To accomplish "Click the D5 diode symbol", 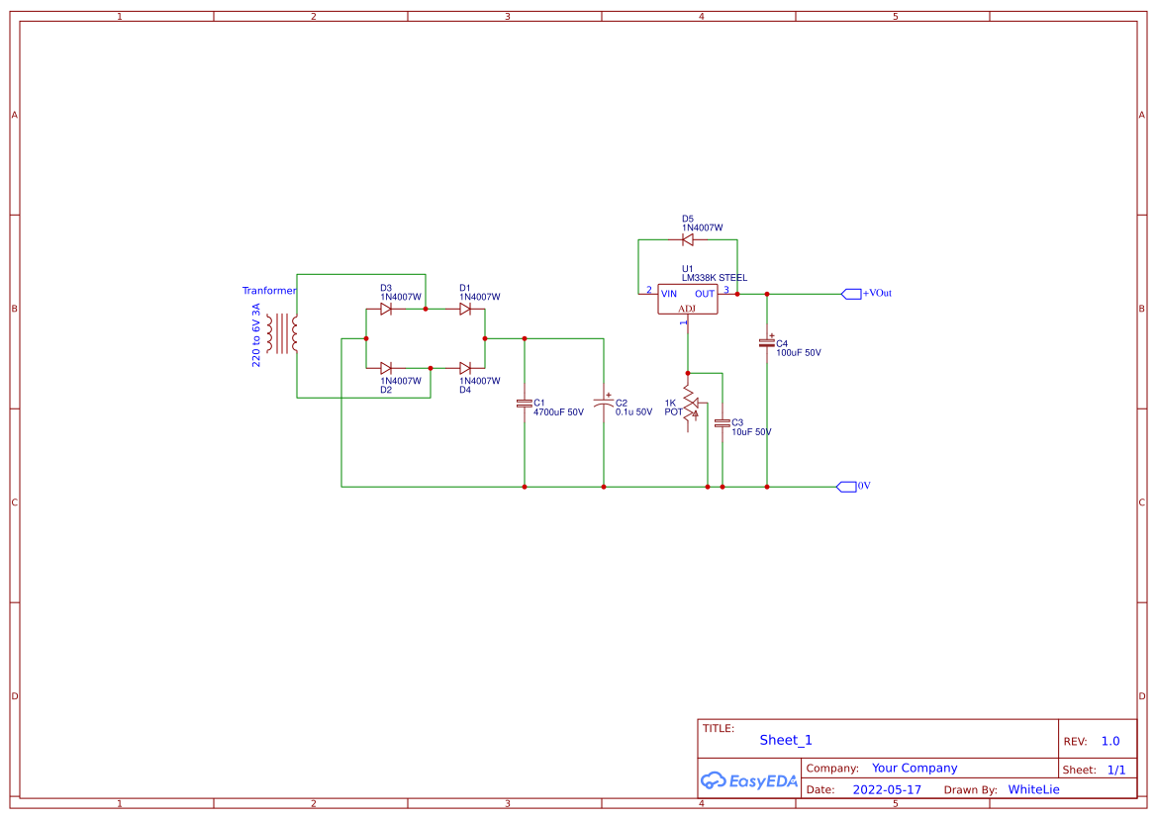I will point(688,239).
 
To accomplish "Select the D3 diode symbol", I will point(386,309).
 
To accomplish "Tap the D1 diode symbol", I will point(465,309).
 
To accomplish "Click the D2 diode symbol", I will point(386,368).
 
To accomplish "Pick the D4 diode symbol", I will point(465,368).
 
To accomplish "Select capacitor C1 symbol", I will point(525,404).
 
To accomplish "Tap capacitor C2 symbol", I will point(604,403).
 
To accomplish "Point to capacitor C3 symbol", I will point(723,423).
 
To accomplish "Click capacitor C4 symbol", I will point(767,341).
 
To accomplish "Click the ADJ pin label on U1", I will point(687,309).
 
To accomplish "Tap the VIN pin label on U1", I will point(669,294).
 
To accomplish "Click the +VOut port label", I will point(877,294).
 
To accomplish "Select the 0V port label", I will point(863,486).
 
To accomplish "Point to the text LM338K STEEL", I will point(715,278).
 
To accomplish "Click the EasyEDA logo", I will point(749,780).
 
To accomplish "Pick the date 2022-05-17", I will point(887,790).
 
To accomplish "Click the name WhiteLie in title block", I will point(1033,790).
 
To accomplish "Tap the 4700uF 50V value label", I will point(558,412).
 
